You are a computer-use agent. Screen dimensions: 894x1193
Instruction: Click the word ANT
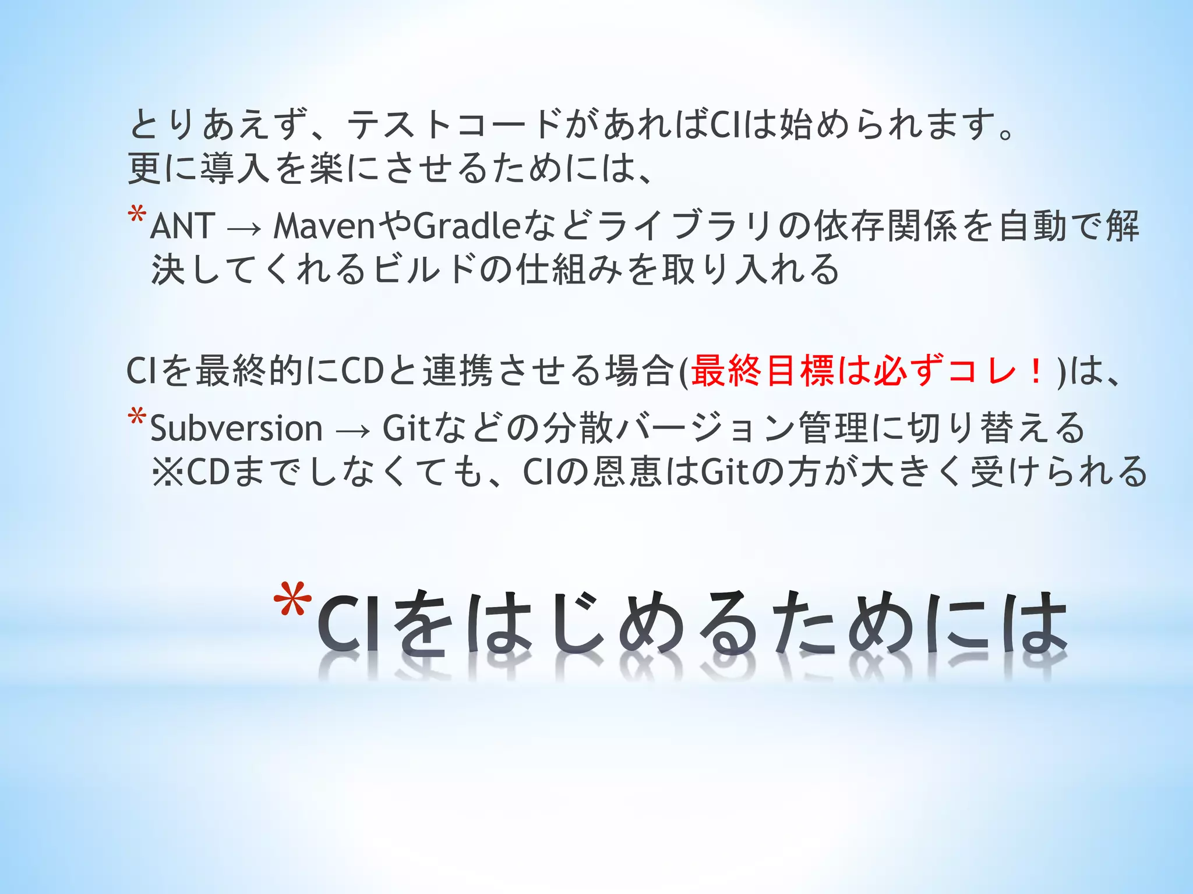(183, 226)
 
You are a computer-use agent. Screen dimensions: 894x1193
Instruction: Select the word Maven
(324, 226)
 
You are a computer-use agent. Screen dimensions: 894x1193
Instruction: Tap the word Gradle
(466, 226)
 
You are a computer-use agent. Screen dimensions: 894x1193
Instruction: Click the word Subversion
(237, 429)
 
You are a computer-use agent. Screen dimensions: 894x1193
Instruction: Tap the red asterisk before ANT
(137, 215)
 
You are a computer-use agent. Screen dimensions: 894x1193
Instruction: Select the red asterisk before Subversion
(137, 418)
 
